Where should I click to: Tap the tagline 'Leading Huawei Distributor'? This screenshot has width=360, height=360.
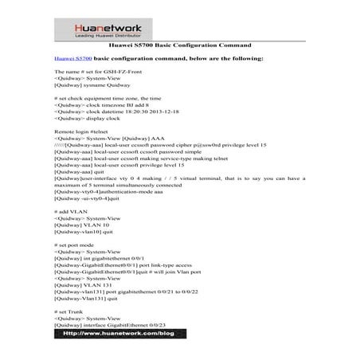tap(181, 36)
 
